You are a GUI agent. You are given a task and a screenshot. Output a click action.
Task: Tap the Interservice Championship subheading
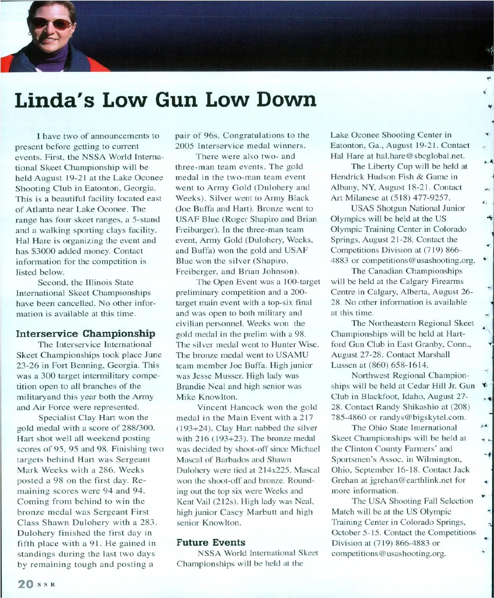point(86,334)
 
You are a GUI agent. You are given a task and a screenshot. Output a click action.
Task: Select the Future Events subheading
point(211,542)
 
